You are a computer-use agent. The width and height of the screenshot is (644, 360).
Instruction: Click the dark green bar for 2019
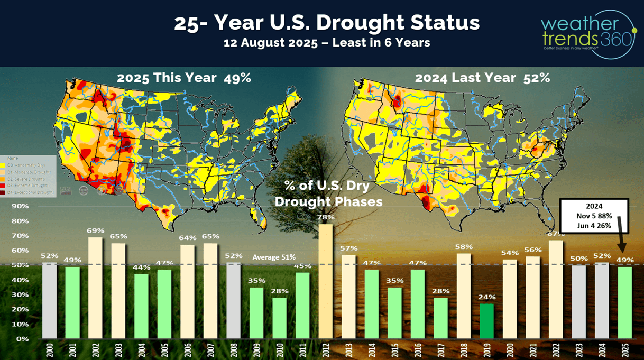[x=487, y=321]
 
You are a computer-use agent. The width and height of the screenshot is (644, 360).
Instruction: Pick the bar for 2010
[x=280, y=318]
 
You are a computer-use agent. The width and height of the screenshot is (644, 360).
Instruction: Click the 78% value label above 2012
[x=326, y=217]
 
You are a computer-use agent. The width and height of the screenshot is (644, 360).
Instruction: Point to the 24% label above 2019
[x=487, y=297]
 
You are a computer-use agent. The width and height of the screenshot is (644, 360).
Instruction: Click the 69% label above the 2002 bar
[x=96, y=231]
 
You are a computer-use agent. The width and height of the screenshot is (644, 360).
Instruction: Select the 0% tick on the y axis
[x=23, y=338]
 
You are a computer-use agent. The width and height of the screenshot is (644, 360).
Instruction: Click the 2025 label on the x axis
[x=625, y=350]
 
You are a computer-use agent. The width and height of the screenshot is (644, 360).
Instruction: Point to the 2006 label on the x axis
[x=188, y=350]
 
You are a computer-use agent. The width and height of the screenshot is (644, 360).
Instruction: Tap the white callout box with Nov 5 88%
[x=593, y=215]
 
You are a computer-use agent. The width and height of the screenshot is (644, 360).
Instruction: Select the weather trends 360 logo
[x=586, y=33]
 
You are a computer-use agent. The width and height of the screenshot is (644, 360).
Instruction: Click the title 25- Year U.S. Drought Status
[x=327, y=23]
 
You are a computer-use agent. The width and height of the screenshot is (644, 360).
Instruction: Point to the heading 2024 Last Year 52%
[x=482, y=78]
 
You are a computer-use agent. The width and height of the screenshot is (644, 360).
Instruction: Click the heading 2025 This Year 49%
[x=183, y=78]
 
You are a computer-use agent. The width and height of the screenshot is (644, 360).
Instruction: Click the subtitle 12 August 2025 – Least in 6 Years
[x=327, y=42]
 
